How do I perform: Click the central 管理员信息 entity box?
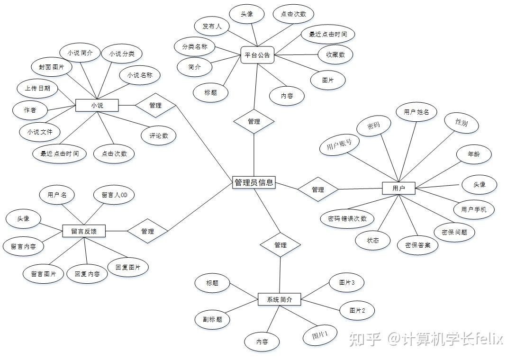(253, 182)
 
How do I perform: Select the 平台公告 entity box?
(257, 55)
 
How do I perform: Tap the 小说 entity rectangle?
(97, 105)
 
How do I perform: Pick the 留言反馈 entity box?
(84, 231)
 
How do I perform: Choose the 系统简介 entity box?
(279, 299)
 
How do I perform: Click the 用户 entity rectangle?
(398, 188)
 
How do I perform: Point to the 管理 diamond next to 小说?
(155, 105)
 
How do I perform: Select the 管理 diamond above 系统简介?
(280, 245)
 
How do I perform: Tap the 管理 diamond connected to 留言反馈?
(147, 231)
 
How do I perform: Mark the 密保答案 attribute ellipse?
(417, 245)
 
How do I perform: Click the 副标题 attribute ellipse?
(212, 319)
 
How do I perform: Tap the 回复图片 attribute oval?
(127, 267)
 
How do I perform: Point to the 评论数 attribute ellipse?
(159, 135)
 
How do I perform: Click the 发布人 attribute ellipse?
(212, 27)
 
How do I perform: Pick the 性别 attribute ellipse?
(461, 123)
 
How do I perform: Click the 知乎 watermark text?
(365, 339)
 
